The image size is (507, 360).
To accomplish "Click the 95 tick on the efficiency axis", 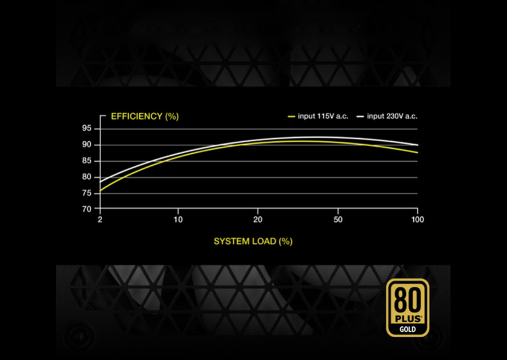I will pos(87,128).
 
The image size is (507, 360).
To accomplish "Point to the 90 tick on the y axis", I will pos(87,144).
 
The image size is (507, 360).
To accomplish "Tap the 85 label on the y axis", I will pos(87,160).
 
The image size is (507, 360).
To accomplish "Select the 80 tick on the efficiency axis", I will pos(87,177).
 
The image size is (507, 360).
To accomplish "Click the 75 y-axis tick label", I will pos(87,193).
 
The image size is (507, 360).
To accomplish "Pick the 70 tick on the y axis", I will pos(87,209).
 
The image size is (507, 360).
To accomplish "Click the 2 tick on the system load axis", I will pos(100,219).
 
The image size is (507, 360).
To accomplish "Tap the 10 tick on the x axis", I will pos(178,219).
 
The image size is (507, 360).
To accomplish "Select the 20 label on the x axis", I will pos(258,219).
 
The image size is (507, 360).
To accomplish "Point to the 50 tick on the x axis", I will pos(338,219).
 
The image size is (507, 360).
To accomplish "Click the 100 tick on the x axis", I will pos(417,219).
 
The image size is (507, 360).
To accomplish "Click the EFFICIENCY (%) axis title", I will pos(145,116).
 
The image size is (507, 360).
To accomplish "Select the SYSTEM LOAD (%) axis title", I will pos(253,242).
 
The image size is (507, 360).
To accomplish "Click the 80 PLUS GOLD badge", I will pos(407,307).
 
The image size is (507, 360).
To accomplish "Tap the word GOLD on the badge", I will pos(407,329).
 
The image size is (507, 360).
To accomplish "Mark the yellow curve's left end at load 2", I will pos(100,191).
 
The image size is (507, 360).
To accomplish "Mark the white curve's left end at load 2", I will pos(100,182).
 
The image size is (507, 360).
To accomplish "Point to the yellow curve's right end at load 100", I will pos(417,153).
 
